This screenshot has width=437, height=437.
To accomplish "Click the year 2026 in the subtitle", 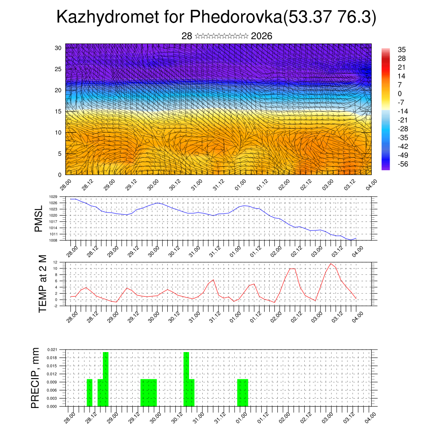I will click(262, 36).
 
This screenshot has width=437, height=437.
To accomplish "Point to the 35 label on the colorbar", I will click(402, 50).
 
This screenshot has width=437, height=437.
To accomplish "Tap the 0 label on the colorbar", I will click(399, 93).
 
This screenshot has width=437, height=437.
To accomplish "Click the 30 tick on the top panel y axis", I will click(58, 48).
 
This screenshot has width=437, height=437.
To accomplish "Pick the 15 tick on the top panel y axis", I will click(58, 111).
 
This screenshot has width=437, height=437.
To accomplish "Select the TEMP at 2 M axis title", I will click(42, 283).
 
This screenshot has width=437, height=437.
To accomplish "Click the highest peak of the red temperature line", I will click(331, 264).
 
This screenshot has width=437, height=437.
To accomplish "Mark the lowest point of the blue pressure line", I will click(351, 240).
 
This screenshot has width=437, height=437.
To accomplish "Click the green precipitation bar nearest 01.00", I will click(242, 393).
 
